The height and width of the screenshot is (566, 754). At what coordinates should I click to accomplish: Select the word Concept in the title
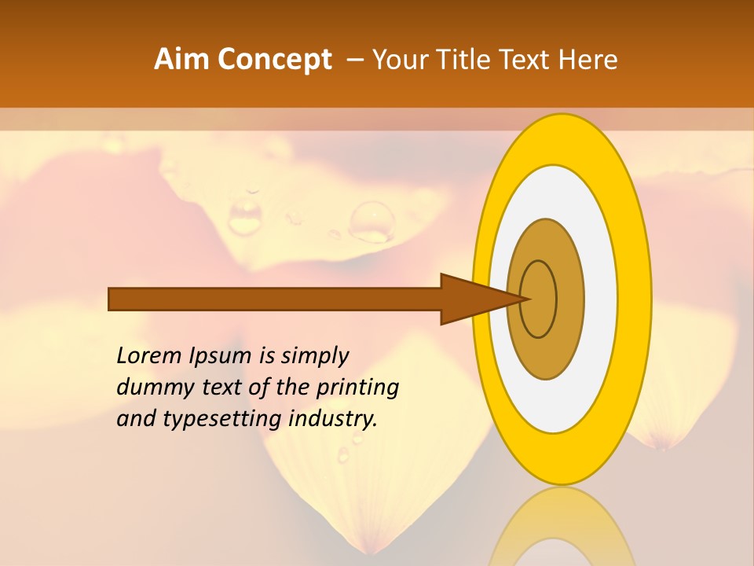[x=274, y=60]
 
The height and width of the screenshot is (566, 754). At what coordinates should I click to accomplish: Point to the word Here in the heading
[x=587, y=60]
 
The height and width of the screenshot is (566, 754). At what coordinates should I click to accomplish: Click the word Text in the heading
[x=526, y=60]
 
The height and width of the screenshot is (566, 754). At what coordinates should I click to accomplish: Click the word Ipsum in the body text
[x=221, y=355]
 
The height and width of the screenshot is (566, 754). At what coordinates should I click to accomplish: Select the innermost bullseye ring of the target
[x=539, y=299]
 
